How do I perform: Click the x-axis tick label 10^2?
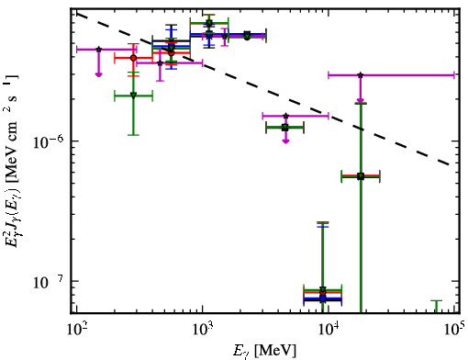tap(76, 330)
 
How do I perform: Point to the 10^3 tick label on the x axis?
tap(203, 330)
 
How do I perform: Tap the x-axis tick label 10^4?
tap(329, 330)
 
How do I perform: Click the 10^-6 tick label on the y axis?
tap(49, 142)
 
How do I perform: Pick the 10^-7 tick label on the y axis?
tap(49, 282)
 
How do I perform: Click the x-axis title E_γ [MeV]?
tap(264, 351)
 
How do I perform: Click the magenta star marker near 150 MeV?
tap(98, 50)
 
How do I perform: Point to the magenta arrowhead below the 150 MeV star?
tap(98, 74)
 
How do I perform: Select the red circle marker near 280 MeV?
tap(133, 58)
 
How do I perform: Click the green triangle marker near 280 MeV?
tap(133, 96)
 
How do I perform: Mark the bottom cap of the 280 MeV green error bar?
tap(133, 135)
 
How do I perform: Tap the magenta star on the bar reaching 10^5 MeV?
tap(361, 74)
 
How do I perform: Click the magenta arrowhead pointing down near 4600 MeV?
tap(285, 141)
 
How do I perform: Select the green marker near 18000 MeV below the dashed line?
tap(361, 176)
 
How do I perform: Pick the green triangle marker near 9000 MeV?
tap(323, 289)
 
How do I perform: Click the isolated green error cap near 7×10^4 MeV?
tap(437, 301)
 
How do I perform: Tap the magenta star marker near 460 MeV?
tap(160, 63)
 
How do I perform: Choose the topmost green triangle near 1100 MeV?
tap(209, 23)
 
